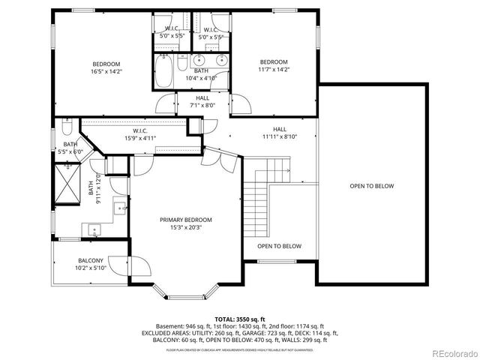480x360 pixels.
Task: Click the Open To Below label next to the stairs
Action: tap(279, 246)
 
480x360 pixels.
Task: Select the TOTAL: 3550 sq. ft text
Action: tap(240, 318)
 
